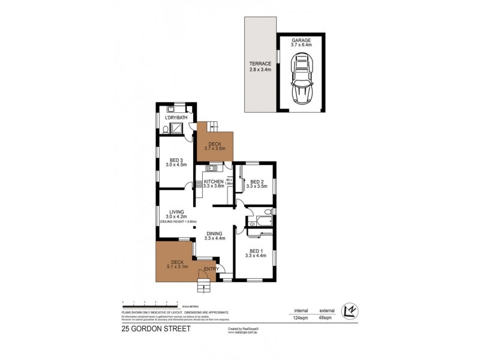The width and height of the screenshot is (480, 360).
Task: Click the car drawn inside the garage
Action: point(301,79)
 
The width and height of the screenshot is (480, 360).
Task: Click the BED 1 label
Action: point(255,254)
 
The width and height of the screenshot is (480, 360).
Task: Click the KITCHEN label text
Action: point(214,184)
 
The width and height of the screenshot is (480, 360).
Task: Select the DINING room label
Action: point(214,236)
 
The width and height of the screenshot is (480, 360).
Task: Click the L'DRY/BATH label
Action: point(176,118)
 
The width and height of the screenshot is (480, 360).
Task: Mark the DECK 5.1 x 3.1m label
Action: point(178,264)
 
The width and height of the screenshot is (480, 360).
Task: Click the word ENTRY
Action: point(211,269)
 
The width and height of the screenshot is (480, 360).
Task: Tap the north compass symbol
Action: point(348,310)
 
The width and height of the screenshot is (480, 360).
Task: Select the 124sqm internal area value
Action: point(301,319)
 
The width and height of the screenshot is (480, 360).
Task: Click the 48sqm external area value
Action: point(326,319)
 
